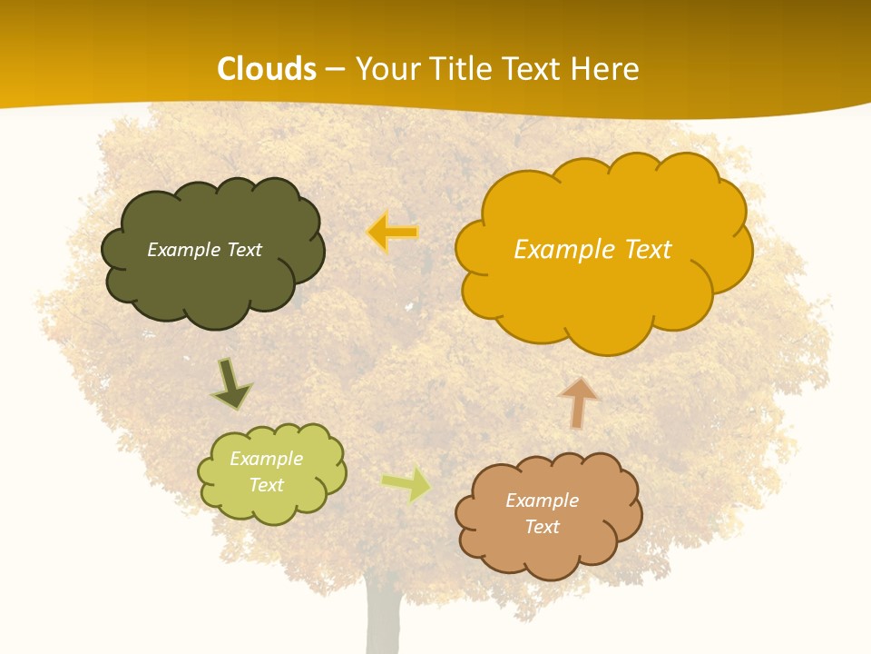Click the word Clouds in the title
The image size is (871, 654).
click(x=267, y=69)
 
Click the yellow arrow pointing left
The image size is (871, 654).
click(x=393, y=233)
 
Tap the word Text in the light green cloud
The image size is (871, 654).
click(x=267, y=485)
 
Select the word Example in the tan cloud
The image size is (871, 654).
click(x=542, y=500)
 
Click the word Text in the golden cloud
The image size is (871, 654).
click(x=648, y=249)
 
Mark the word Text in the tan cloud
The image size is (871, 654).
click(x=542, y=527)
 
